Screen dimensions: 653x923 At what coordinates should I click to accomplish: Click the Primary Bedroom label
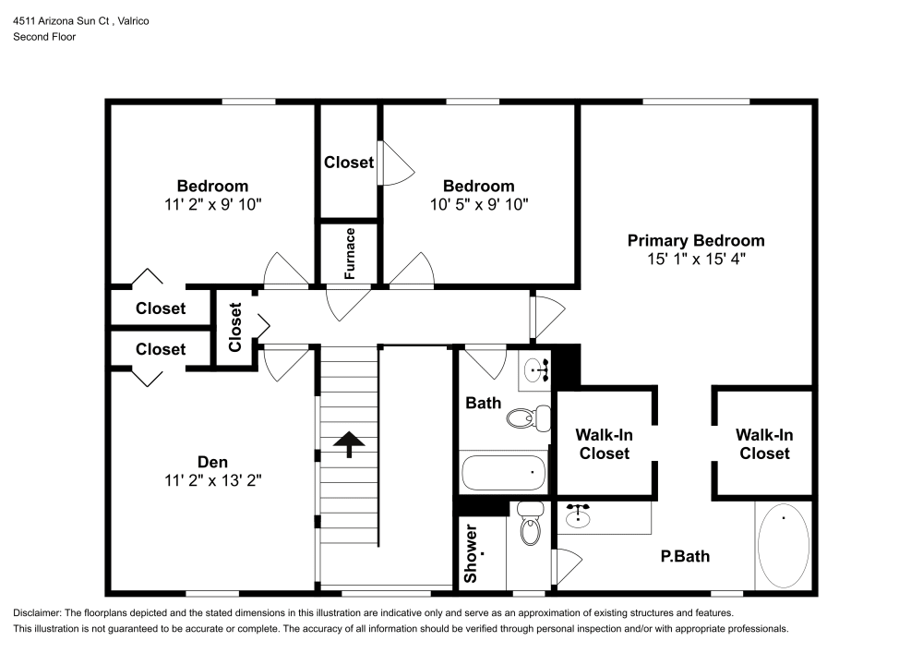coord(696,240)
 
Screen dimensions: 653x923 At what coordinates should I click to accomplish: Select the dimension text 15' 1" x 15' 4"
coord(696,260)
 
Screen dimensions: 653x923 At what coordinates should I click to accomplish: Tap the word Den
coord(212,461)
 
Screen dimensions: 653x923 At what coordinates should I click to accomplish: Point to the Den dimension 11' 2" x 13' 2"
coord(212,480)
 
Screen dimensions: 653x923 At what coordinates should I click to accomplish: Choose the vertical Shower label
coord(471,554)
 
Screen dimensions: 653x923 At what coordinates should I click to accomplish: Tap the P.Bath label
coord(685,556)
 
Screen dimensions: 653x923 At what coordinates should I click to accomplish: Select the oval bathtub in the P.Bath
coord(784,545)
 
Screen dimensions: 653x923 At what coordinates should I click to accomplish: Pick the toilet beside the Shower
coord(530,526)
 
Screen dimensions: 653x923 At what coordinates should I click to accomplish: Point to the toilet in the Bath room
coord(523,418)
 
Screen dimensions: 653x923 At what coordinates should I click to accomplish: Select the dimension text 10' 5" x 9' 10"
coord(478,204)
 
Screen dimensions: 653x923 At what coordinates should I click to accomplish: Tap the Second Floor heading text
coord(44,37)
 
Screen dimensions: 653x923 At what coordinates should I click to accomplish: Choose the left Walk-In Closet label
coord(603,443)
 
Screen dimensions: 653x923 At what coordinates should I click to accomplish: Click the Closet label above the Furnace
coord(349,163)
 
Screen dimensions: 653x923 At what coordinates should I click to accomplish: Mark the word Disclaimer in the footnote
coord(36,613)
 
